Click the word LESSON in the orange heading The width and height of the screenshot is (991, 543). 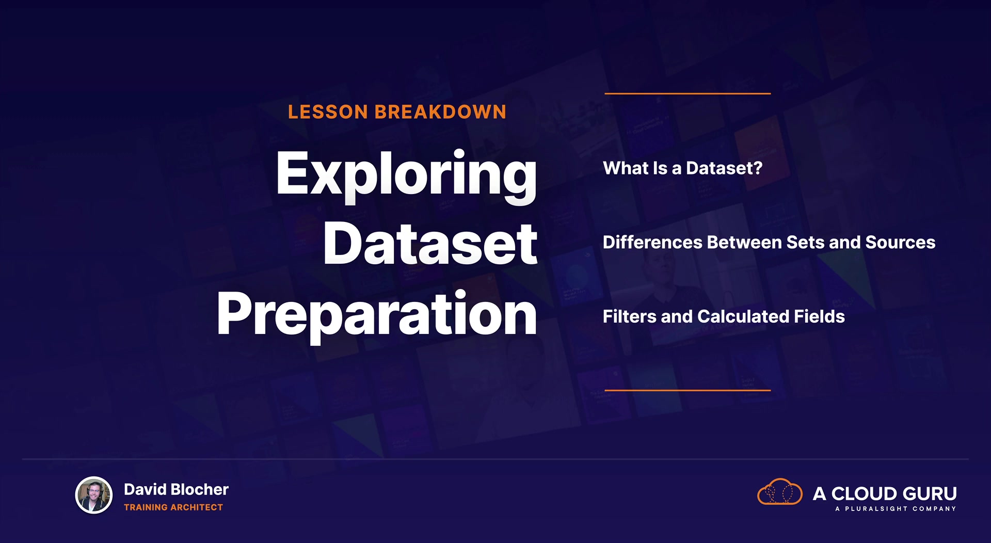328,112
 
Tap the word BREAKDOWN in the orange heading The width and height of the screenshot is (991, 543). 440,112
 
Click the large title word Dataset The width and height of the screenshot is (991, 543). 430,244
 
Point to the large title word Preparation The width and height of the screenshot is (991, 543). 377,315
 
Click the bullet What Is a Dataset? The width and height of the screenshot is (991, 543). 682,168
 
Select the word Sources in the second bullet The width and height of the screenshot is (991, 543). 900,242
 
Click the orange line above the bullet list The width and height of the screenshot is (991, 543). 688,93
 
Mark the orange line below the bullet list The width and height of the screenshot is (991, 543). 688,390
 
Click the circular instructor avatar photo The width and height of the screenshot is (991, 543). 94,495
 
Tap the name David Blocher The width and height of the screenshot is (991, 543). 176,489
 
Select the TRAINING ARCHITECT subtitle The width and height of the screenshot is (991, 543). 173,507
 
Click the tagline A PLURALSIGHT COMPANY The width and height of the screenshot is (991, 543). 896,509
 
